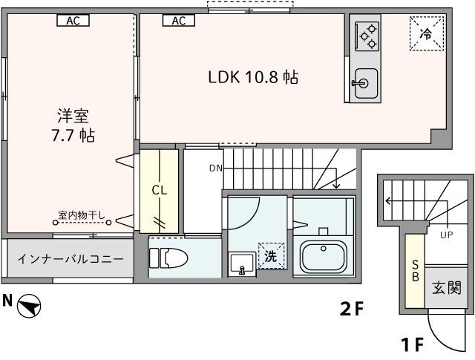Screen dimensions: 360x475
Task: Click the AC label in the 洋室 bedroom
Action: pos(73,21)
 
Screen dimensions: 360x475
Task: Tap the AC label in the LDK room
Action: pos(178,21)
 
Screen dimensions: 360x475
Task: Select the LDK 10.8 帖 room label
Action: pos(252,77)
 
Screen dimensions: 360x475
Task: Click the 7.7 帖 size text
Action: pos(73,136)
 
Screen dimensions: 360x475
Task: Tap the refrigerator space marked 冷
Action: pos(426,33)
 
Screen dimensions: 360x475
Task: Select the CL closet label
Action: pos(159,190)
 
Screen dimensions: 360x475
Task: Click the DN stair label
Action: pos(215,168)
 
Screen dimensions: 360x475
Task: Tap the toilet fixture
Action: pos(169,258)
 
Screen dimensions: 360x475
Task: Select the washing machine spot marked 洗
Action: pos(271,256)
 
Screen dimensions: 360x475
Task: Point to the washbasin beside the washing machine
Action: pos(240,264)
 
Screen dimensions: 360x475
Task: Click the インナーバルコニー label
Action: pos(71,261)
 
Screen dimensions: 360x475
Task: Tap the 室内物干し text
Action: pos(82,216)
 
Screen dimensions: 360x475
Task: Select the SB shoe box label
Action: pos(416,270)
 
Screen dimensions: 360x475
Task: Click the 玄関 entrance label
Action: pos(448,287)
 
